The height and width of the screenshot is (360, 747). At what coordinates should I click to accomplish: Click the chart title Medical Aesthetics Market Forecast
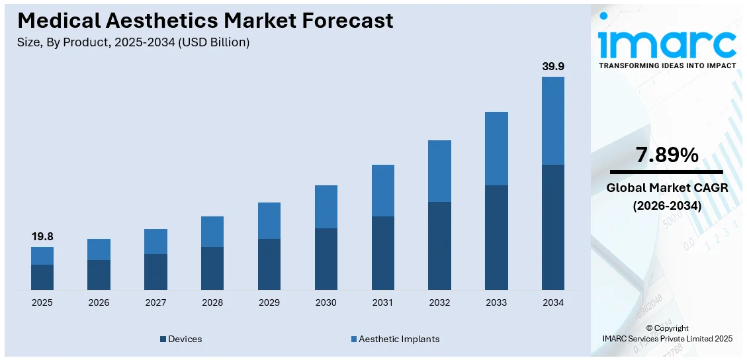(x=205, y=21)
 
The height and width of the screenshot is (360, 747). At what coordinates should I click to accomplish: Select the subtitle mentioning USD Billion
(x=134, y=42)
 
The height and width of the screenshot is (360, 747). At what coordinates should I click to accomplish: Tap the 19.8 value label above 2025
(x=42, y=236)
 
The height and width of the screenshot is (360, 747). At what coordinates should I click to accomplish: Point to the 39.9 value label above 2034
(x=553, y=66)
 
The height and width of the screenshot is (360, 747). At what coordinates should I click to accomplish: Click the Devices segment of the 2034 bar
(x=553, y=227)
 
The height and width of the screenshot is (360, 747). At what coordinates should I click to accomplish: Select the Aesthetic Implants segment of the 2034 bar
(x=553, y=120)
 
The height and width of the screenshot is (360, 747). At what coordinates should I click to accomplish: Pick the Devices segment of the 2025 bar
(x=42, y=277)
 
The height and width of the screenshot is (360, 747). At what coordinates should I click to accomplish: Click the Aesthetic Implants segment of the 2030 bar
(x=326, y=206)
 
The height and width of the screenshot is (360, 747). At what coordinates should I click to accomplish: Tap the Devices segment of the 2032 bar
(x=439, y=246)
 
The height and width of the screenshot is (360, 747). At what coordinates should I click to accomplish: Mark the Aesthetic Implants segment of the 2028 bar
(x=212, y=232)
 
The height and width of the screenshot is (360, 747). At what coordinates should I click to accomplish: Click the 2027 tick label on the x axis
(x=155, y=302)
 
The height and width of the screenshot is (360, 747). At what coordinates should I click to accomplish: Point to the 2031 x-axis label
(x=382, y=302)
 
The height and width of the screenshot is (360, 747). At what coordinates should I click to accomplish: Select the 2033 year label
(x=496, y=302)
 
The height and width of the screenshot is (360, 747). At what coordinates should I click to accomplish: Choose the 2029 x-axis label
(x=269, y=302)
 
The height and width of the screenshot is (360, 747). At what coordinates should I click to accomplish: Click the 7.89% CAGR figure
(x=667, y=156)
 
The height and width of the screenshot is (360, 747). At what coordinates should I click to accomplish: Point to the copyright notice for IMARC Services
(x=667, y=334)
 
